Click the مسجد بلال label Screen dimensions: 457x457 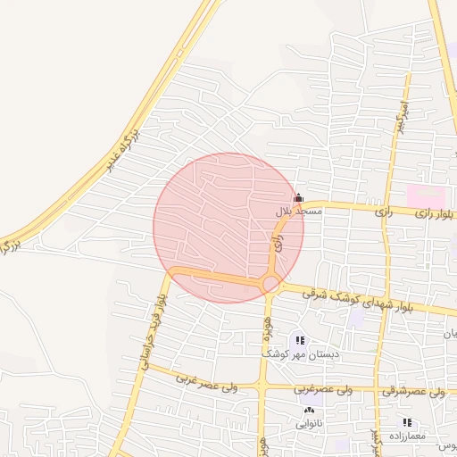[x=294, y=212]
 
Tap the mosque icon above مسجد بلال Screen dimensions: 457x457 [x=298, y=197]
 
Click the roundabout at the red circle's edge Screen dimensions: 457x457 [x=270, y=285]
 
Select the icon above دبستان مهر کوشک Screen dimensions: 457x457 [x=298, y=339]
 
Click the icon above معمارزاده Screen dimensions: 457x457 [x=407, y=421]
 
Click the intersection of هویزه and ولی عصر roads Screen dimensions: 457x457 [x=262, y=386]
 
